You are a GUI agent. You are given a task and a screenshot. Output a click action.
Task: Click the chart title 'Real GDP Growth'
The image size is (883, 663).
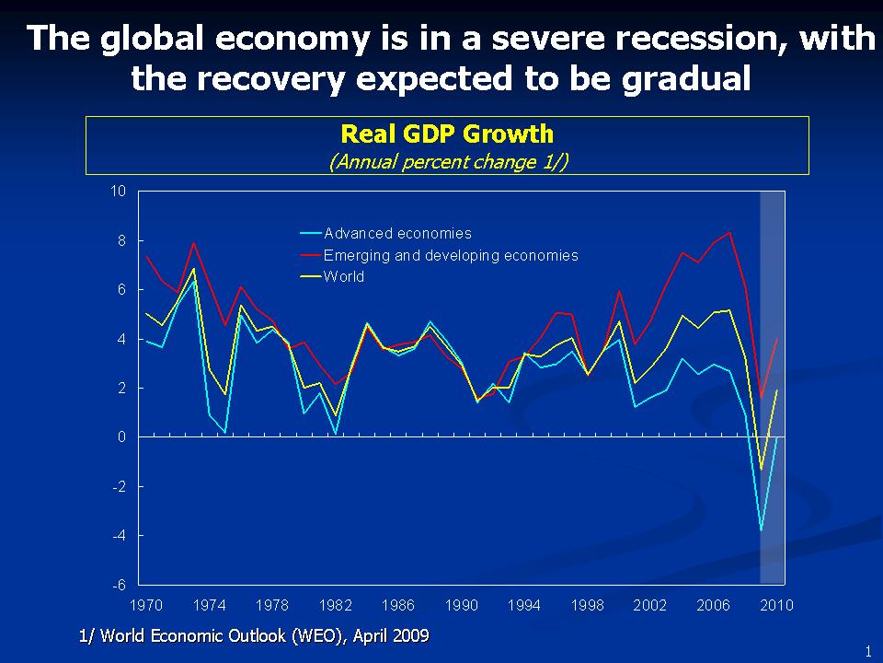447,134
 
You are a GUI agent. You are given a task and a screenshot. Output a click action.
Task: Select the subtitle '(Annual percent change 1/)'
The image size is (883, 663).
447,161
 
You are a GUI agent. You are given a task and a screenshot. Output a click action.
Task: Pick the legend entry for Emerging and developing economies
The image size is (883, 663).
451,255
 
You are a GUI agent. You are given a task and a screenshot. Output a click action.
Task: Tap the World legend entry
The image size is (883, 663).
344,277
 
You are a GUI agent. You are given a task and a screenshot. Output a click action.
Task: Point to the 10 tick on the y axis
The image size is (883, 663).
118,192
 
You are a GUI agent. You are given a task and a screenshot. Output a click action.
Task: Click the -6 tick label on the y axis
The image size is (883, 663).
119,585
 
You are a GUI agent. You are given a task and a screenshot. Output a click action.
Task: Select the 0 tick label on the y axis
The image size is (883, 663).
121,437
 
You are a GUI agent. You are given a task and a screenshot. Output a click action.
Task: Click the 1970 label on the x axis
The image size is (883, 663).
147,605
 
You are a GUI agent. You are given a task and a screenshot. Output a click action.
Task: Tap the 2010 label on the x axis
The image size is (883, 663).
777,605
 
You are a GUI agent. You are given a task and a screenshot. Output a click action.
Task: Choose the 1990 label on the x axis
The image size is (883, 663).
462,605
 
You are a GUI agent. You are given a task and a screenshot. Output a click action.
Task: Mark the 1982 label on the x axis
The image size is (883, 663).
336,605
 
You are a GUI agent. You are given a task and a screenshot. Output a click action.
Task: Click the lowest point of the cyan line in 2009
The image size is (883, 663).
761,530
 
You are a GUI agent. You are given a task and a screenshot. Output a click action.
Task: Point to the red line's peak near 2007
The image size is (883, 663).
729,232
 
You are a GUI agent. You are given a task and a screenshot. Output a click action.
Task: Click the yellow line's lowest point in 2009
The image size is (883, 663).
761,470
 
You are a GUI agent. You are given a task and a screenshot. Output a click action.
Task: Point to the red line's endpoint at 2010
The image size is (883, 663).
777,339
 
